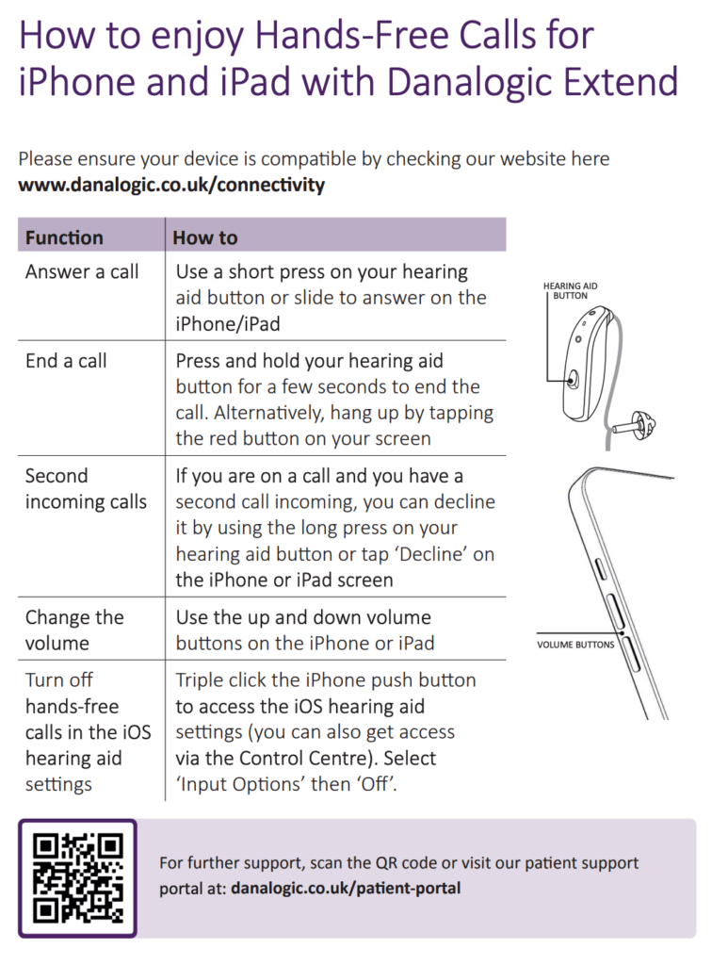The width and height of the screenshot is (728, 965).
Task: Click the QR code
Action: [x=77, y=877]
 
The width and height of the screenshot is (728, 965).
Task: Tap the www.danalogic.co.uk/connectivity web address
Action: [x=171, y=185]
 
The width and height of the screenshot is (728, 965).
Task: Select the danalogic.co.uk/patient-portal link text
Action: [x=346, y=888]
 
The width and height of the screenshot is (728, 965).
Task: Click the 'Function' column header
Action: [x=64, y=237]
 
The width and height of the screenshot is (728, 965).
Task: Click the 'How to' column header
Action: [x=204, y=237]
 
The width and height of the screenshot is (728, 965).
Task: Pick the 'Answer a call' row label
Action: [x=82, y=271]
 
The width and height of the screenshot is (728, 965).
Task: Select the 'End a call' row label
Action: [x=66, y=360]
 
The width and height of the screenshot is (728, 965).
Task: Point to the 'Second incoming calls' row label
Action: [x=86, y=488]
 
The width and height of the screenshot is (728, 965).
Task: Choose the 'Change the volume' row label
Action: [x=74, y=630]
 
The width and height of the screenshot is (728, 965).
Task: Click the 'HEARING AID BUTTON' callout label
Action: [x=570, y=290]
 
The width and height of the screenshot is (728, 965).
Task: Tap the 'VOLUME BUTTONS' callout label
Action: [x=575, y=645]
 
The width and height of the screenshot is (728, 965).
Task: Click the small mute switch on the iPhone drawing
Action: [x=601, y=566]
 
